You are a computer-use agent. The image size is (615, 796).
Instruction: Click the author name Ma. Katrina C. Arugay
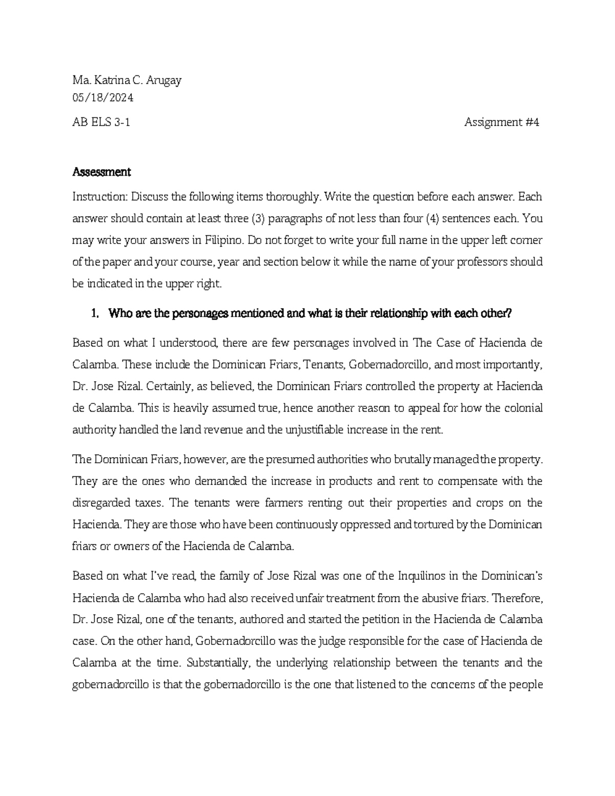(x=127, y=80)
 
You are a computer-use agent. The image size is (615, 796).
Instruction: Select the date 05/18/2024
(x=103, y=97)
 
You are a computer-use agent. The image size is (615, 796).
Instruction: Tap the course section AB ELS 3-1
(x=101, y=123)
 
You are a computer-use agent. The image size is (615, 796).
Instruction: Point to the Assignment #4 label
(x=502, y=123)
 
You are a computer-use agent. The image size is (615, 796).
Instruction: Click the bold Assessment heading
(x=101, y=172)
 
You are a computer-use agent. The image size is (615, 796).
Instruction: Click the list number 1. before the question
(x=94, y=314)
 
